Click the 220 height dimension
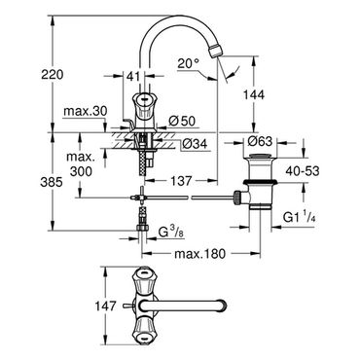point(53,75)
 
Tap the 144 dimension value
point(254,94)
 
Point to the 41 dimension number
point(133,77)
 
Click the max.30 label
point(85,111)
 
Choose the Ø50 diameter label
point(182,122)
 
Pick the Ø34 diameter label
point(195,143)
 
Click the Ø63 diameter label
point(260,141)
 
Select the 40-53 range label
point(303,171)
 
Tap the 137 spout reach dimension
point(181,181)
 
